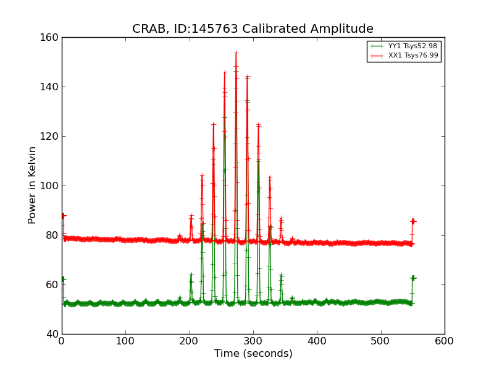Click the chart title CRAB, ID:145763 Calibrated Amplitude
tap(253, 29)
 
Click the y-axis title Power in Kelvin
tap(32, 185)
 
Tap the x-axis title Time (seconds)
tap(253, 354)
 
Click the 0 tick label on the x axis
tap(62, 341)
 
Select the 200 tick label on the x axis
tap(189, 341)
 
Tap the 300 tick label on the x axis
tap(253, 341)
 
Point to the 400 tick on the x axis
tap(317, 341)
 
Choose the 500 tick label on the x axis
tap(380, 341)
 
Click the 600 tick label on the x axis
tap(445, 341)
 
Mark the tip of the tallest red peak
tap(236, 53)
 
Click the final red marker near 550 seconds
tap(413, 221)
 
